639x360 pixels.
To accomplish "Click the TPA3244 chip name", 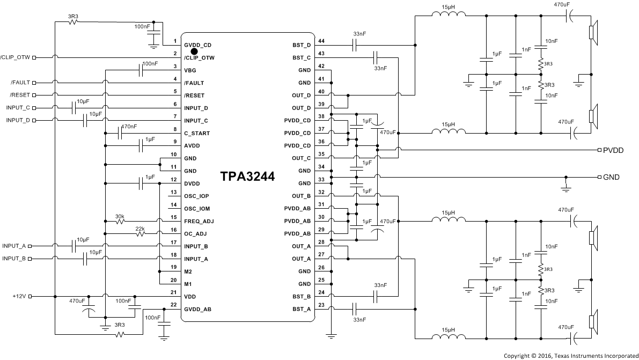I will [x=247, y=178].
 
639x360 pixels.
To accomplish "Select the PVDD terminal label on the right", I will [x=613, y=150].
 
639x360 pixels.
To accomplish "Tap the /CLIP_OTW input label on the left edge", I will [x=14, y=57].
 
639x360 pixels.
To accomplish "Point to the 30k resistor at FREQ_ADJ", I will [x=121, y=221].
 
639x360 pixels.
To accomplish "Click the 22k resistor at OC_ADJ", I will [x=141, y=233].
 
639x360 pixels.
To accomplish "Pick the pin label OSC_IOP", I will [x=196, y=196].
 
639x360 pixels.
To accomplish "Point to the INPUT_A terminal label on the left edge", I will [x=14, y=246].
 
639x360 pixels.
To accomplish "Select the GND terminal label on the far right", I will [x=611, y=177].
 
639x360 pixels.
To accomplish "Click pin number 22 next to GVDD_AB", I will [x=173, y=305].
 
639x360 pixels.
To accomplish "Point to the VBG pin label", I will [x=189, y=70].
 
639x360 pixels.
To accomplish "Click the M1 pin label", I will [x=188, y=284].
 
